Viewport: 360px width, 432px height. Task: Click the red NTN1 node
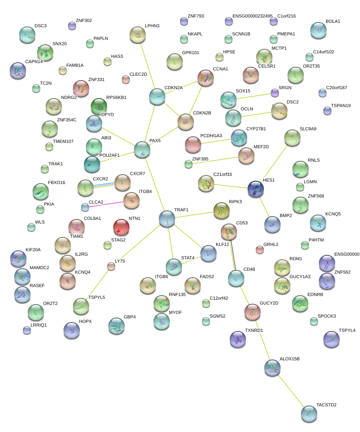(121, 227)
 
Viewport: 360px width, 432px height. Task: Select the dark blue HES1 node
(256, 189)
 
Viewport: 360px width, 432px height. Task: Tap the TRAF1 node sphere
(167, 219)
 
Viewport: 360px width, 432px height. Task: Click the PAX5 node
(142, 149)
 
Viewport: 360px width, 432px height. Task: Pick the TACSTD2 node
(309, 413)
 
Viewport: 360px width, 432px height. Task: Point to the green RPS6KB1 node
(99, 107)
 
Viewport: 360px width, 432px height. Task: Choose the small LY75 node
(111, 266)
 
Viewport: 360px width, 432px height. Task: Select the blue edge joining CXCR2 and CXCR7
(104, 185)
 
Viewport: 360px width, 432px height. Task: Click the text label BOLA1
(333, 21)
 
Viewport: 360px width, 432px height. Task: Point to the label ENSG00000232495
(252, 16)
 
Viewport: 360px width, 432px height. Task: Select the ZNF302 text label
(84, 20)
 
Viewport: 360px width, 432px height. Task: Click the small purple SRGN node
(275, 93)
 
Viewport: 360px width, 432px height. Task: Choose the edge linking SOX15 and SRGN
(253, 96)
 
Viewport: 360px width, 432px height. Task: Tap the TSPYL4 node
(331, 339)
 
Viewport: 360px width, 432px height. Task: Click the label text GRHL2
(271, 245)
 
